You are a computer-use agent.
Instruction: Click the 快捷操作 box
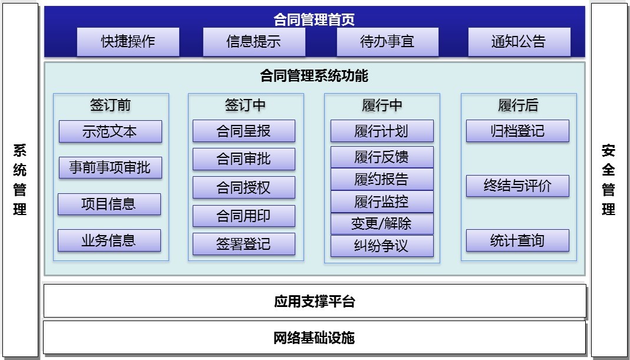[128, 41]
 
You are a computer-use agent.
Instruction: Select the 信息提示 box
[254, 41]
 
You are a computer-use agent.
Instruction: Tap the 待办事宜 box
[387, 41]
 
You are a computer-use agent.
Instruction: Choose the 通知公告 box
[519, 41]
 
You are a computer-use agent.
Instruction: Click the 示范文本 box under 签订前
[110, 131]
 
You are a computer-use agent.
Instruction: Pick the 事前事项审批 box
[110, 167]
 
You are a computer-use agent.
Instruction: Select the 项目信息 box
[109, 204]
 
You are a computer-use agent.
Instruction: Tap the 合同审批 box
[243, 159]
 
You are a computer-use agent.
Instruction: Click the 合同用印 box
[243, 216]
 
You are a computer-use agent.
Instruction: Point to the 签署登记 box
[243, 244]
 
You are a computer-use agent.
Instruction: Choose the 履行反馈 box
[382, 157]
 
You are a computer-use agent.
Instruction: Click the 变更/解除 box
[382, 224]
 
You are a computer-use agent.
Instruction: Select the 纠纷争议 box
[382, 246]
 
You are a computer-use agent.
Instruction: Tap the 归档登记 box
[517, 131]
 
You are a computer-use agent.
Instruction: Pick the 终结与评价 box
[517, 186]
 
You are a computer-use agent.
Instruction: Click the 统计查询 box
[517, 240]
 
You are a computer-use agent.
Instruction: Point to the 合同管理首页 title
[314, 19]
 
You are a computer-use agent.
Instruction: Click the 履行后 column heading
[518, 105]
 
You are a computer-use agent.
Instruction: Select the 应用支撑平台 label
[315, 301]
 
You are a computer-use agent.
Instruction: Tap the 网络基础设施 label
[314, 338]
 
